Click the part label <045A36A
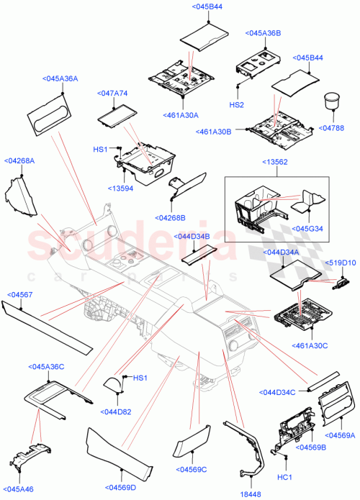click(x=60, y=79)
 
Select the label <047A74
click(x=112, y=94)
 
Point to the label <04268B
click(x=170, y=218)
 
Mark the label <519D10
click(x=341, y=263)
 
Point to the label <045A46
click(x=19, y=489)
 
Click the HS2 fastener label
click(x=237, y=104)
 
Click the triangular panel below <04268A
click(x=19, y=199)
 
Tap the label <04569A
click(x=341, y=435)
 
